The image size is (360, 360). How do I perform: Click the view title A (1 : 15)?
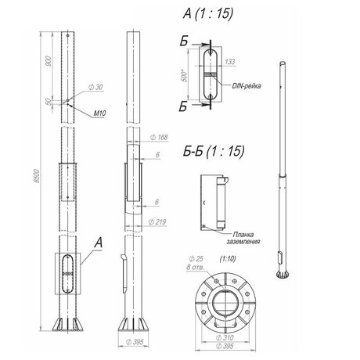[x=208, y=13]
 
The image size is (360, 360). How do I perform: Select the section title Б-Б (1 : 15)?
[x=214, y=151]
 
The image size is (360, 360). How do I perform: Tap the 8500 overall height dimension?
[x=37, y=176]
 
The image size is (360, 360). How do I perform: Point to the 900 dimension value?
[x=49, y=60]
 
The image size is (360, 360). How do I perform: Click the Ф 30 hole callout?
[x=95, y=87]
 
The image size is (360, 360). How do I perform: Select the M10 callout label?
[x=99, y=113]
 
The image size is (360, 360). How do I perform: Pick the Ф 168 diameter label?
[x=159, y=137]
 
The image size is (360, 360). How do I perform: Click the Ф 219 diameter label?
[x=157, y=222]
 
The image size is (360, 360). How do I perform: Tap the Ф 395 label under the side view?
[x=135, y=342]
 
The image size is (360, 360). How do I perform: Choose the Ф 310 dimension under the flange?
[x=225, y=337]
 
